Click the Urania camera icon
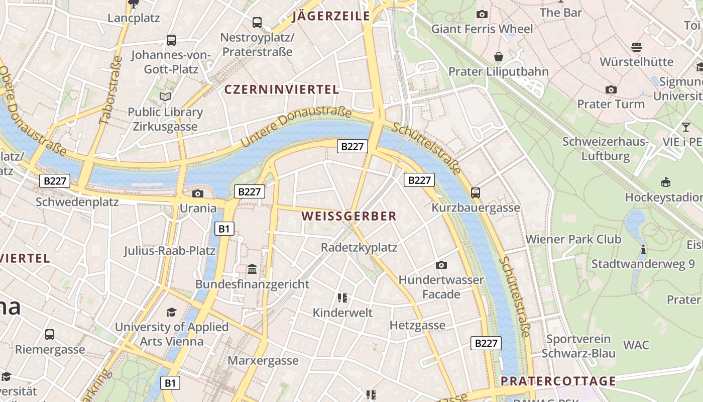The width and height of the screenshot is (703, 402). coord(198,193)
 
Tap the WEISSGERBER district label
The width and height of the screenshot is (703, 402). coord(349,217)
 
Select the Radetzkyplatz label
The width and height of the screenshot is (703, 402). coord(359,247)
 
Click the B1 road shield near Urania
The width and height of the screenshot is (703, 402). coord(224,229)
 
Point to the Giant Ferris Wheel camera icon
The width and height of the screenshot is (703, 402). coord(482,14)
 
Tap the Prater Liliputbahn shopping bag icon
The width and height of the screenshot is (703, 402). coord(499,57)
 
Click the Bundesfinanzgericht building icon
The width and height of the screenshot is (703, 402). coord(252,270)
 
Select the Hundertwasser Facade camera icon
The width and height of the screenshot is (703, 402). coord(441,265)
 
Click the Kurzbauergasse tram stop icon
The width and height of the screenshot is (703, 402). coord(475,192)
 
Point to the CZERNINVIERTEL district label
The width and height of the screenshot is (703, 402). coord(282,90)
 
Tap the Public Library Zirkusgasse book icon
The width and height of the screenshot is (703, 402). coord(165,96)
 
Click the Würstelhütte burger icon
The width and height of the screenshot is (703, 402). coord(637,47)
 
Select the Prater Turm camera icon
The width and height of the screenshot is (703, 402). coord(611,89)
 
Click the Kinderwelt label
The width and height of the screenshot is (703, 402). coord(342,313)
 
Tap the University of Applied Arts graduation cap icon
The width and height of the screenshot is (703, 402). coord(172,312)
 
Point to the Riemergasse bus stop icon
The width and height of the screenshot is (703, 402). coord(50,334)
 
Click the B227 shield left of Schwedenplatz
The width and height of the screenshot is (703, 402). coord(55,181)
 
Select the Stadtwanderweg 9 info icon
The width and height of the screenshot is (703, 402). coord(643,249)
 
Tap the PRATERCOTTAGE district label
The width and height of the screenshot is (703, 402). coord(558,381)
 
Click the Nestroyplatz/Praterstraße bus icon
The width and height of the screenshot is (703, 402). coord(257,22)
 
